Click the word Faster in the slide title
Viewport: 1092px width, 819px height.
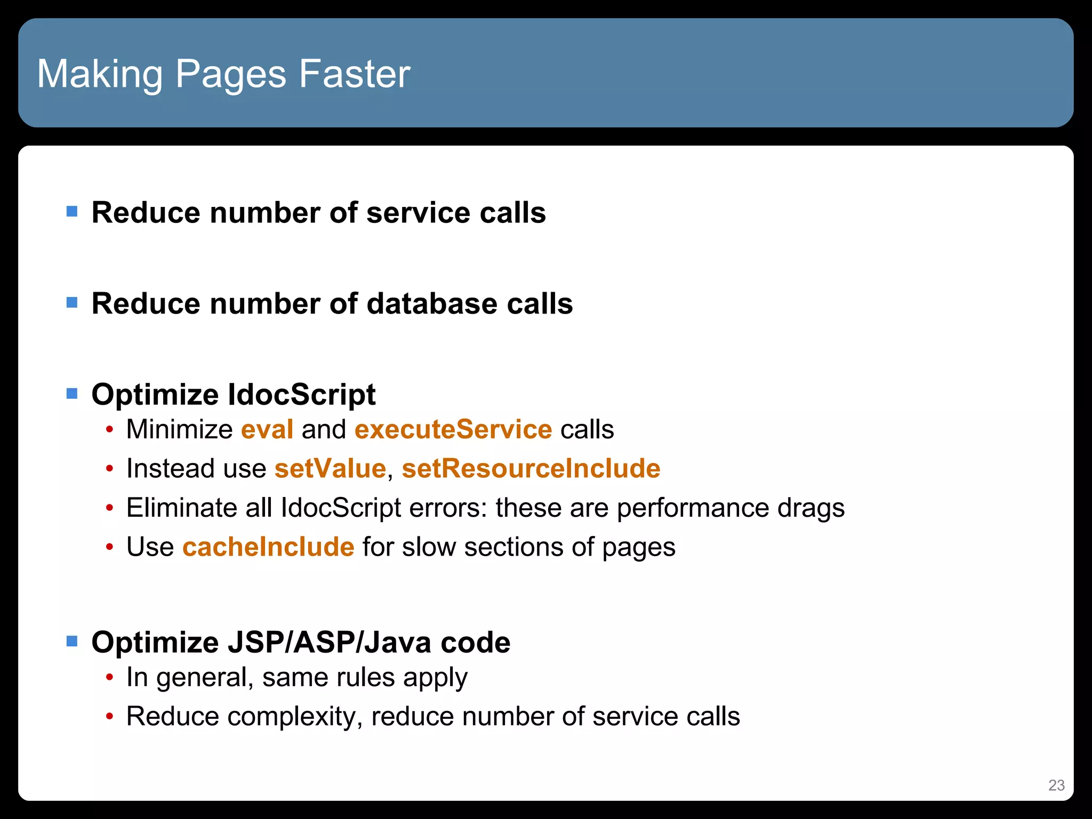coord(355,74)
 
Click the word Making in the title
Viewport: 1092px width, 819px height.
coord(100,75)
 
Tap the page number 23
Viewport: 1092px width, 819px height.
coord(1056,785)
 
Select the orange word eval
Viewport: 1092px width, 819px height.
coord(267,429)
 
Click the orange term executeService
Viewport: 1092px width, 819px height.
coord(453,429)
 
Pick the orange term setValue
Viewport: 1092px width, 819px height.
coord(330,469)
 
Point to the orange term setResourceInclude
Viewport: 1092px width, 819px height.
coord(531,469)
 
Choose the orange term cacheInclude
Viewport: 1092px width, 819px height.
coord(268,547)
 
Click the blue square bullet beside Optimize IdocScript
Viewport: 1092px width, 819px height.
coord(72,394)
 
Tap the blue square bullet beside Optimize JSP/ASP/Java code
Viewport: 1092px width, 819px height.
coord(72,641)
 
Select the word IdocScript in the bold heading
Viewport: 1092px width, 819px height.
coord(302,395)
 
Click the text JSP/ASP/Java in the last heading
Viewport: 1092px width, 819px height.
coord(330,642)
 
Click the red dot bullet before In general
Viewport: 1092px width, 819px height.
coord(109,678)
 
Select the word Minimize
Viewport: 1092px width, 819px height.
coord(180,429)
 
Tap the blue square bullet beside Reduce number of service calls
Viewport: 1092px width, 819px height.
coord(72,212)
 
